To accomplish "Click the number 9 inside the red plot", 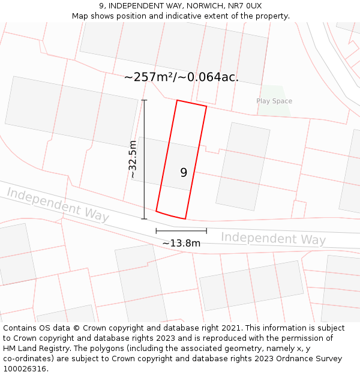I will point(184,173).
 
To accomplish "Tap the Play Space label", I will point(274,101).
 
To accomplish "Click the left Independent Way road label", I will point(58,204).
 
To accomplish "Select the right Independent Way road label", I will point(273,238).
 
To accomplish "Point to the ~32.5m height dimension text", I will point(133,160).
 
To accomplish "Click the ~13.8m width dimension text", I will point(181,243).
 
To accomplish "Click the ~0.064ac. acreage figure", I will point(212,77).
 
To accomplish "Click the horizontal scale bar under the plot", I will point(181,230).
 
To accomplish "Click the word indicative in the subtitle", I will point(188,16).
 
